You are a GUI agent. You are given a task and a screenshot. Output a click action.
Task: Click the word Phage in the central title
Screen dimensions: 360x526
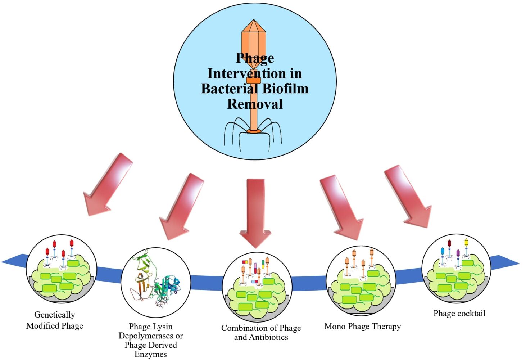tap(255, 58)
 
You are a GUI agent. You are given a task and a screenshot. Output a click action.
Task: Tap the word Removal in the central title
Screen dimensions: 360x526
tap(255, 104)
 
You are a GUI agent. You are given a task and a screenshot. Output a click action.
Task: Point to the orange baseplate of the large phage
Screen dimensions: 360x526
tap(254, 131)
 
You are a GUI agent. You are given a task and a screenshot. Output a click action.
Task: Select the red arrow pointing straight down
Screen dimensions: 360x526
tap(256, 212)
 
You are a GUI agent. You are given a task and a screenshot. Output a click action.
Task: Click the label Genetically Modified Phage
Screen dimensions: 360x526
tap(55, 320)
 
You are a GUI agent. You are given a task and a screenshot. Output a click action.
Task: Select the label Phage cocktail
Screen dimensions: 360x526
tap(459, 314)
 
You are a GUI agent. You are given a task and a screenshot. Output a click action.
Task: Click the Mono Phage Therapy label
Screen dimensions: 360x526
tap(362, 327)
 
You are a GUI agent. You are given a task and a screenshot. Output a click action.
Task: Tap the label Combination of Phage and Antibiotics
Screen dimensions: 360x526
tap(261, 333)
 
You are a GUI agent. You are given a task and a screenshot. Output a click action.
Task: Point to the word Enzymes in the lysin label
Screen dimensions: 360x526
tap(150, 354)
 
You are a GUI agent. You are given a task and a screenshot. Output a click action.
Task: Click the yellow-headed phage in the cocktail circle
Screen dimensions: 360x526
tap(466, 242)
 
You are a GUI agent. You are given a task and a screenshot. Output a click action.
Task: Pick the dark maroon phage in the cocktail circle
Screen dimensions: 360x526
tap(449, 244)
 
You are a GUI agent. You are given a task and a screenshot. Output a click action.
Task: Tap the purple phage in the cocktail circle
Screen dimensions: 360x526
tap(458, 253)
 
